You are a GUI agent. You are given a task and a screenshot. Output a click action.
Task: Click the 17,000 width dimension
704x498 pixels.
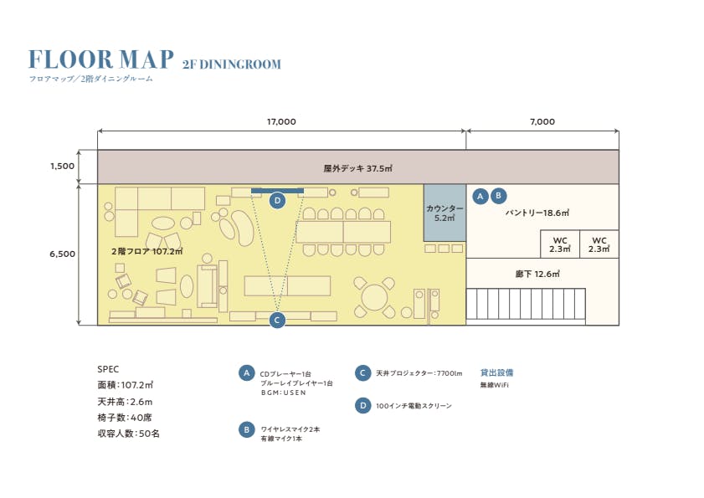pyautogui.click(x=281, y=121)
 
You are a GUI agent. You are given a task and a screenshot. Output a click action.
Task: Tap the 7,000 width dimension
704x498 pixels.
pyautogui.click(x=542, y=121)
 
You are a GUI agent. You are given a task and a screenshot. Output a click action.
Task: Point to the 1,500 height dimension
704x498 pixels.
pyautogui.click(x=62, y=166)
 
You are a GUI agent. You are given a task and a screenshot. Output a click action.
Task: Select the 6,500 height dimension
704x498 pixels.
pyautogui.click(x=62, y=253)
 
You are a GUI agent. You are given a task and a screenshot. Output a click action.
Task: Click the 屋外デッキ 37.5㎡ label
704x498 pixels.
pyautogui.click(x=357, y=167)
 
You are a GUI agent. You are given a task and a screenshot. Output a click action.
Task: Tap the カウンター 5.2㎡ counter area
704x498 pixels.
pyautogui.click(x=444, y=213)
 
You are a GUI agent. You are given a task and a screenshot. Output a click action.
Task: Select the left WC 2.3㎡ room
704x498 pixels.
pyautogui.click(x=560, y=244)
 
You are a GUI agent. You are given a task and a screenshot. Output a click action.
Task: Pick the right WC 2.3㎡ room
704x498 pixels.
pyautogui.click(x=599, y=244)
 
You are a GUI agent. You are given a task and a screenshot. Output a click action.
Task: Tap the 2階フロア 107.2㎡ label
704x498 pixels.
pyautogui.click(x=146, y=251)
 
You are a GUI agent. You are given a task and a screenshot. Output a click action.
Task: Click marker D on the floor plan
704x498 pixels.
pyautogui.click(x=278, y=200)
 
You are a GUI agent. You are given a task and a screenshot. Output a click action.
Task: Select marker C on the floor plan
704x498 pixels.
pyautogui.click(x=278, y=319)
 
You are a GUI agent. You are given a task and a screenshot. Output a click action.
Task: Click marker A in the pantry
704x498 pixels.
pyautogui.click(x=480, y=196)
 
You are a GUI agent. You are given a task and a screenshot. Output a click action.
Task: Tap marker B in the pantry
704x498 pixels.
pyautogui.click(x=498, y=196)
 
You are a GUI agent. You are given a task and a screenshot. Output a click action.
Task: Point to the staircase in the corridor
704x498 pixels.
pyautogui.click(x=526, y=305)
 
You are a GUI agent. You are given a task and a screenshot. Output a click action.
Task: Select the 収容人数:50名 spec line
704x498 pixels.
pyautogui.click(x=128, y=434)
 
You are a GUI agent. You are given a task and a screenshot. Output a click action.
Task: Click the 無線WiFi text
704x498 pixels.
pyautogui.click(x=494, y=385)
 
